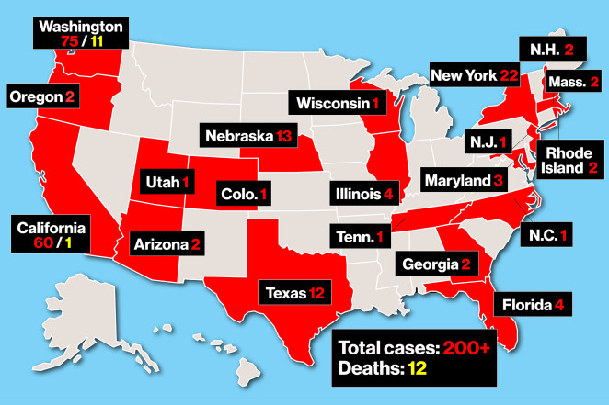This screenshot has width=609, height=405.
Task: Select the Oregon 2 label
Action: tap(40, 96)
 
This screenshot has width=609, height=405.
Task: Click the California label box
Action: tap(52, 234)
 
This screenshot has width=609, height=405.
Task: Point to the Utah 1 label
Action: tap(167, 182)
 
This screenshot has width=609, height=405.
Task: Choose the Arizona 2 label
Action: tap(167, 244)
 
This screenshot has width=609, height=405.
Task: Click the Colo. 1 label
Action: tap(246, 194)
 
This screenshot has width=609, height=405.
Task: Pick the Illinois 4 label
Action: tap(365, 194)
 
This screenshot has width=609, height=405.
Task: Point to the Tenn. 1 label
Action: tap(359, 237)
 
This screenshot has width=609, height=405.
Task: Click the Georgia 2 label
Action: tap(435, 264)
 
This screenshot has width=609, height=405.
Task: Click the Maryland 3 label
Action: tap(464, 181)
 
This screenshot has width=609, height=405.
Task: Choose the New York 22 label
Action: tap(470, 74)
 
